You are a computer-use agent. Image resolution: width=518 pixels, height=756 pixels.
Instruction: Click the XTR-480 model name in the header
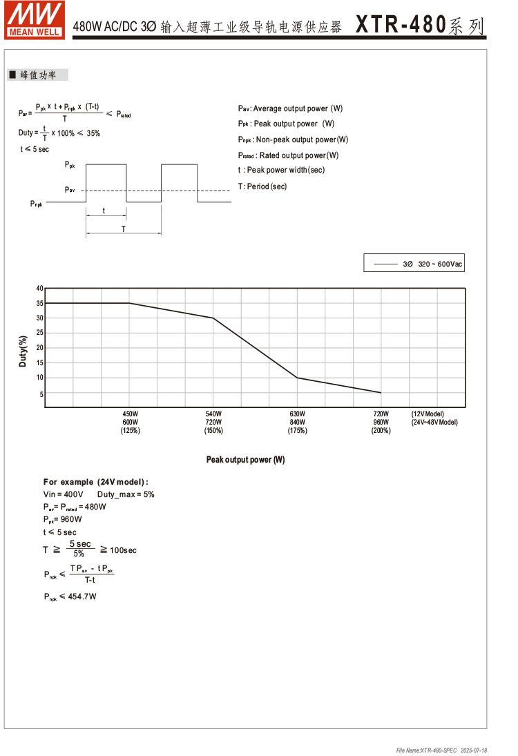400,26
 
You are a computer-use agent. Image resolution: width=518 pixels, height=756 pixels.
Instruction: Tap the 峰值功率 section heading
38,75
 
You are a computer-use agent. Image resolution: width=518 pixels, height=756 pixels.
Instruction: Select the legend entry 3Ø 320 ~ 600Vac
414,264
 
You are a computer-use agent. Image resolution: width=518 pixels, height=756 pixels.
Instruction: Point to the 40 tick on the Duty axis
39,288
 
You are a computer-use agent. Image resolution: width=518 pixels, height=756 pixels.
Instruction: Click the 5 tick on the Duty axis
41,394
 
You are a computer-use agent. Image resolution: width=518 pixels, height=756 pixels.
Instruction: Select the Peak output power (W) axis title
245,460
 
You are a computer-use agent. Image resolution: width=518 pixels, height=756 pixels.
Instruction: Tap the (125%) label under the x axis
130,431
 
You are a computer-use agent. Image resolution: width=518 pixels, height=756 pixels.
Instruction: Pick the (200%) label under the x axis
381,431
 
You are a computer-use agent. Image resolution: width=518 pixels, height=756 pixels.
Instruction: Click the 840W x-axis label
297,422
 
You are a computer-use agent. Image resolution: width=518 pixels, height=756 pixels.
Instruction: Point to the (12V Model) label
428,414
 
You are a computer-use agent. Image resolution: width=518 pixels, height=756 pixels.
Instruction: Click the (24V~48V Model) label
434,422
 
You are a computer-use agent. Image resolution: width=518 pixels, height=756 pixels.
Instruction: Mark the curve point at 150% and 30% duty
213,318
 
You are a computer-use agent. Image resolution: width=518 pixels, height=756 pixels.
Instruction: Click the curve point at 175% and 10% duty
297,378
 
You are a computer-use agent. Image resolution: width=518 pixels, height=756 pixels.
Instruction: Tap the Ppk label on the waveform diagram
70,165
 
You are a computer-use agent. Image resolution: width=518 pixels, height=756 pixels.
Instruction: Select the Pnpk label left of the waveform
36,204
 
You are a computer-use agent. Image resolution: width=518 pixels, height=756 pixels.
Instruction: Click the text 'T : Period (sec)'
262,186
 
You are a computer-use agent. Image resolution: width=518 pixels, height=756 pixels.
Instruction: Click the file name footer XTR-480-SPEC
427,750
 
